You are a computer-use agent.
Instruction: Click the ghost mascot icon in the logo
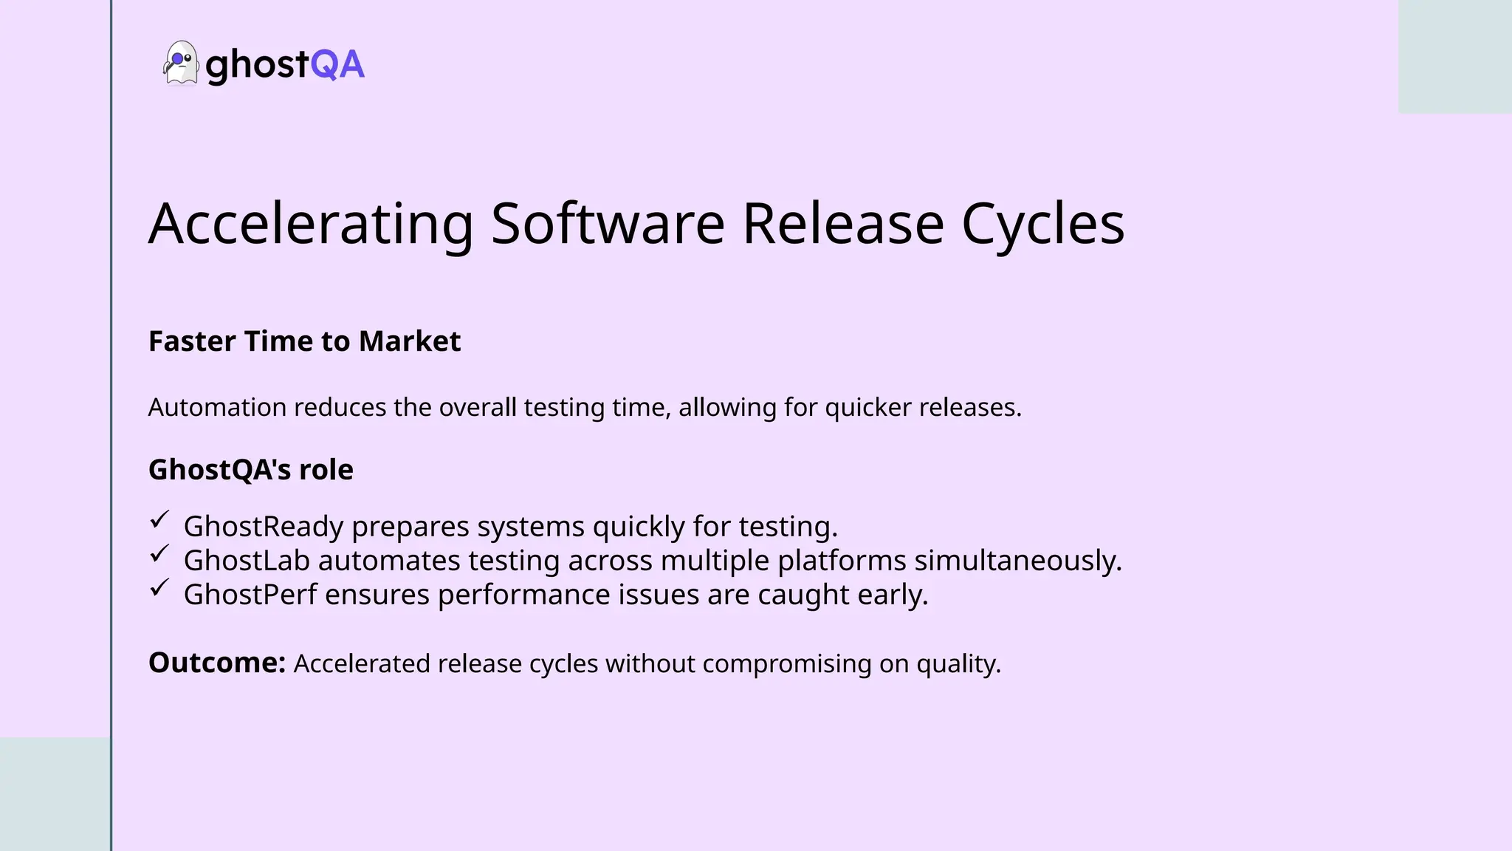[180, 63]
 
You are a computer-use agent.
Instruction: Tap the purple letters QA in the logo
[337, 64]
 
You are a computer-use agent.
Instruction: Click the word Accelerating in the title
[311, 223]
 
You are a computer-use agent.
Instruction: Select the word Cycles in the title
[1042, 223]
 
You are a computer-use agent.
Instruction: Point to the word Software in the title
[608, 223]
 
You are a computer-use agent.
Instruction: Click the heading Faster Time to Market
[304, 341]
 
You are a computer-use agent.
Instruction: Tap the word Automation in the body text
[217, 407]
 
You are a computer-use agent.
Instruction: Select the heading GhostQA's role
[250, 470]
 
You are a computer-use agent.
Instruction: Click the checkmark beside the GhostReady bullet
[159, 520]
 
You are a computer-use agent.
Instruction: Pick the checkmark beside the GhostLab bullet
[159, 554]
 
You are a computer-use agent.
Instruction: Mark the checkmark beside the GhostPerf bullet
[159, 588]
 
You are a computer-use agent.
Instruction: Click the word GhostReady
[264, 527]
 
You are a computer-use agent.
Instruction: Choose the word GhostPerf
[250, 595]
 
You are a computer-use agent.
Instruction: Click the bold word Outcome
[216, 663]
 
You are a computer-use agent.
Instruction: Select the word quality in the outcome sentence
[958, 663]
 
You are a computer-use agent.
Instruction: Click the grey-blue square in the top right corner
[1454, 56]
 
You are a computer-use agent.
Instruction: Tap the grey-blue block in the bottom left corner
[55, 793]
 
